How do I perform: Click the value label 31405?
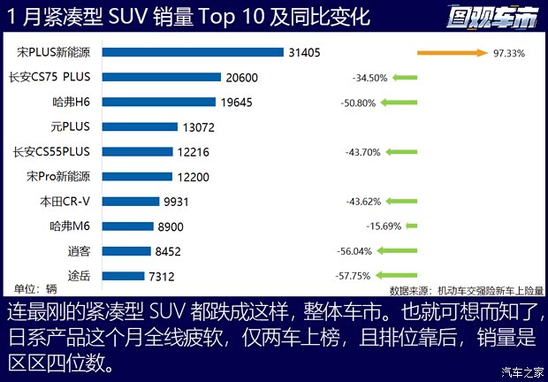tap(305, 53)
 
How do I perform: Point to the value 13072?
tap(199, 127)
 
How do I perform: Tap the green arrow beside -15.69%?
tap(411, 226)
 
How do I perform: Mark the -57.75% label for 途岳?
tap(354, 276)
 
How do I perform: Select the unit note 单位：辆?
tap(35, 288)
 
